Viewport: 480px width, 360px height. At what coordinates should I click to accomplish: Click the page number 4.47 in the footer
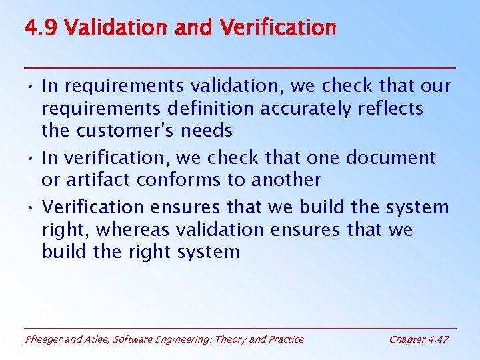click(437, 339)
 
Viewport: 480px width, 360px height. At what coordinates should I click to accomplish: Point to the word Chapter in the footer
click(406, 339)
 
